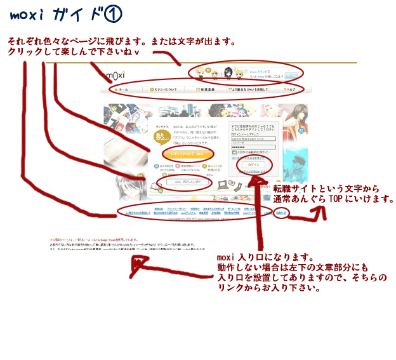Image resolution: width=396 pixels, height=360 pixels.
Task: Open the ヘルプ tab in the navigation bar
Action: pos(289,90)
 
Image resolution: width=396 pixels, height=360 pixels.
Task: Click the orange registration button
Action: pos(169,153)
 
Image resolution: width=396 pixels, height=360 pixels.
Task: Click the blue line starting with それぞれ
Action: pos(121,43)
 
